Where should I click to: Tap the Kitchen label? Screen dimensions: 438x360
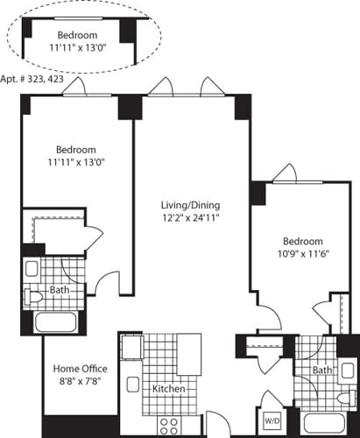point(168,388)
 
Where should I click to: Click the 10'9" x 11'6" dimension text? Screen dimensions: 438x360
point(302,256)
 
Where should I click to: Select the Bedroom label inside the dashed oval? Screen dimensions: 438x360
point(85,35)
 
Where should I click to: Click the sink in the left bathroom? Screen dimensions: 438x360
point(32,268)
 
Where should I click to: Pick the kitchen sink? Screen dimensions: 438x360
point(135,383)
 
